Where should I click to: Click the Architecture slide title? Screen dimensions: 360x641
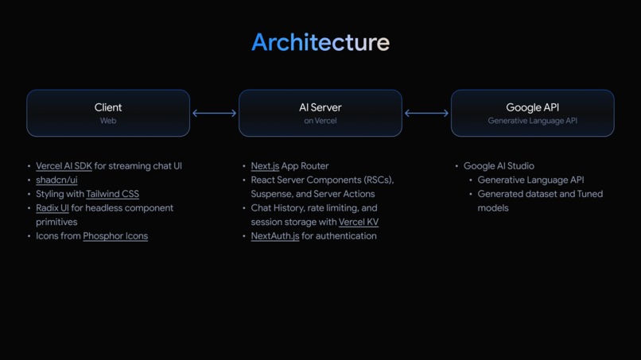click(320, 42)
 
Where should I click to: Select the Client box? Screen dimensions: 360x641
click(108, 113)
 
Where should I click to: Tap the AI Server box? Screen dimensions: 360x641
click(320, 113)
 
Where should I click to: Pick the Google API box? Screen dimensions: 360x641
click(532, 113)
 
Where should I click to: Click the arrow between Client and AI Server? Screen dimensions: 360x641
click(215, 113)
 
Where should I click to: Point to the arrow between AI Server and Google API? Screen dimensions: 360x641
click(426, 113)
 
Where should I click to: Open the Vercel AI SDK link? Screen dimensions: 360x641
click(64, 166)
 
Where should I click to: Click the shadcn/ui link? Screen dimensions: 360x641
click(56, 180)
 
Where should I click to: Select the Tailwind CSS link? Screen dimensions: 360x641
click(112, 194)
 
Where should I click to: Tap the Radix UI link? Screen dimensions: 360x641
click(52, 208)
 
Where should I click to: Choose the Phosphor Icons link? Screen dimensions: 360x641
click(115, 236)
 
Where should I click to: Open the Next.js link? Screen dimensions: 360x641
click(265, 166)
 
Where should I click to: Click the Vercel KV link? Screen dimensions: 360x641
click(359, 223)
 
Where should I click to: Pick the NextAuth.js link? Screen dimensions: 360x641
click(275, 236)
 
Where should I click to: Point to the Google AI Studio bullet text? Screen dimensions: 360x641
click(499, 166)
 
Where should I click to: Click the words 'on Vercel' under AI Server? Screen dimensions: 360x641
click(320, 121)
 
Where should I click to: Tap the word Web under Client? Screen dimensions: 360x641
click(108, 121)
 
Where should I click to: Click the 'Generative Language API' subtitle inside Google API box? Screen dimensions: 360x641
click(532, 121)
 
